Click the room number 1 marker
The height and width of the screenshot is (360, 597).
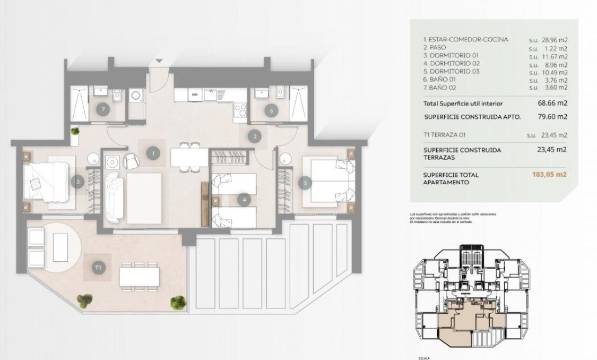point(153,153)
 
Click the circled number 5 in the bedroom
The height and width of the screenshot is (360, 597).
point(305,183)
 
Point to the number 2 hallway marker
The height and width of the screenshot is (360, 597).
point(255,137)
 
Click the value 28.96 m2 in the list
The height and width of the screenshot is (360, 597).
point(548,39)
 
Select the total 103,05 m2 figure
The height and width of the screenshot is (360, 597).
point(549,174)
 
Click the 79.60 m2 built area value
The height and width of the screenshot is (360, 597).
point(549,117)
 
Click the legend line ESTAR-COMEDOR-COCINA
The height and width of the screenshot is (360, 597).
point(465,39)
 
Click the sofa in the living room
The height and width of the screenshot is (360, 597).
point(115,197)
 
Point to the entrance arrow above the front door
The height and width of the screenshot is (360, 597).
point(158,62)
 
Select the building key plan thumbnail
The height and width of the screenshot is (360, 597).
point(469,297)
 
